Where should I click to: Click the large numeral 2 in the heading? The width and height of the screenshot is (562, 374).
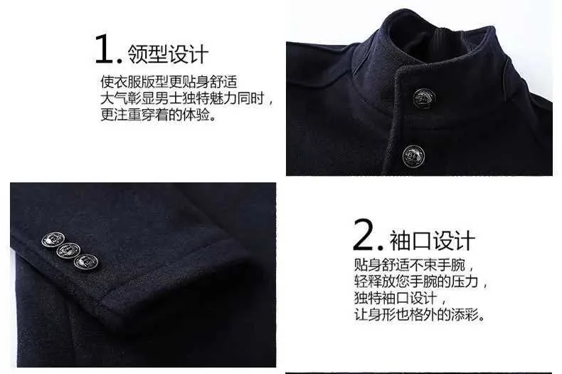click(364, 235)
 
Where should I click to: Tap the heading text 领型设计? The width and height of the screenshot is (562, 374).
click(168, 54)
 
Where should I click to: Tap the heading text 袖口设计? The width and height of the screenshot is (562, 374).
click(433, 241)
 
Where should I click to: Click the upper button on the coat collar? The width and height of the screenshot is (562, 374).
click(424, 98)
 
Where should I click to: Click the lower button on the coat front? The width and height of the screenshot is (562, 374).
click(413, 156)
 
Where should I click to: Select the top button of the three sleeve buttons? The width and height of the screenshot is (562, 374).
click(53, 239)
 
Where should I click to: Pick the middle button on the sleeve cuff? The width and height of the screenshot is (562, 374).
click(68, 250)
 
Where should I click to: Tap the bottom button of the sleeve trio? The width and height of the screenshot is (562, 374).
click(86, 261)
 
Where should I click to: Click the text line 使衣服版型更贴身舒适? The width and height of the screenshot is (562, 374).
click(169, 82)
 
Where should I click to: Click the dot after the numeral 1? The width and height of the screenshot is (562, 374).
click(120, 61)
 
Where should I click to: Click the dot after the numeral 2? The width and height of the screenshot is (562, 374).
click(381, 247)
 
